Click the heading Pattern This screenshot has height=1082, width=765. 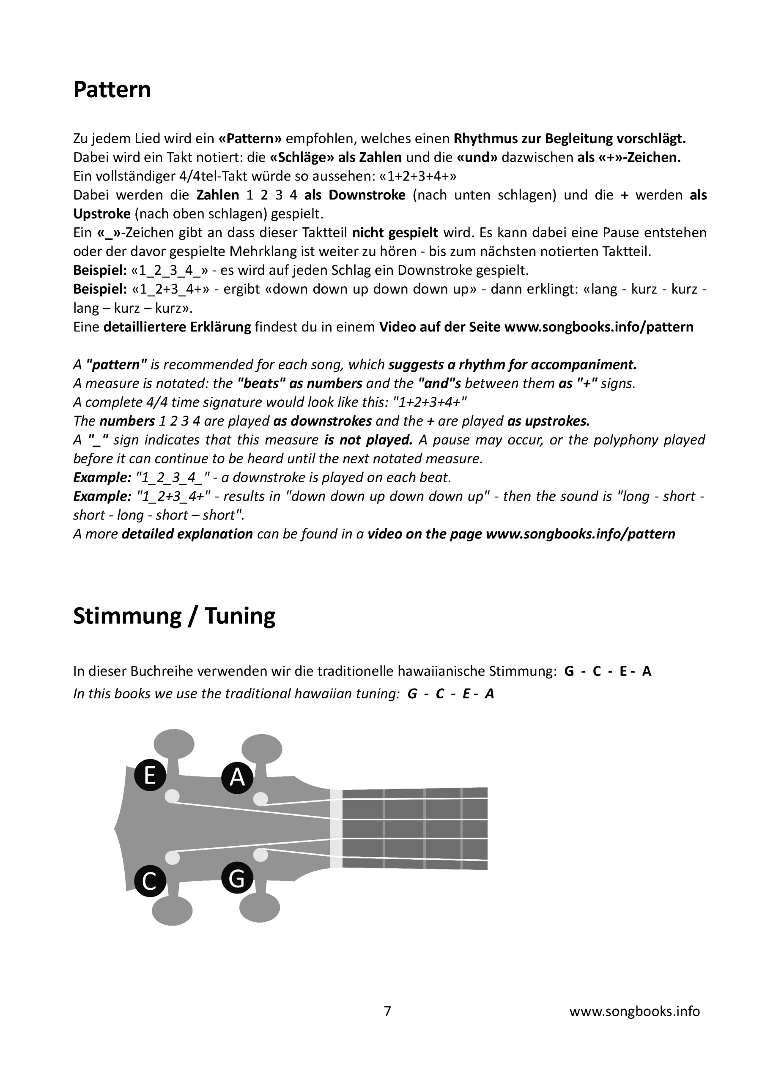pos(112,90)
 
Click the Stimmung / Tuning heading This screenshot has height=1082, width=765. pos(174,615)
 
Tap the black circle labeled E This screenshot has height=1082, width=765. pos(150,775)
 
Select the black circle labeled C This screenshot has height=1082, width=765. pos(150,881)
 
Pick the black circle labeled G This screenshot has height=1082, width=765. pos(237,877)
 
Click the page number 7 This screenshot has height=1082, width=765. pos(387,1011)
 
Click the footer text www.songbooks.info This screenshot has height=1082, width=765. pos(634,1011)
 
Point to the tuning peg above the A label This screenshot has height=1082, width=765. pos(262,749)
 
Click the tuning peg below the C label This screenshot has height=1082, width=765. pos(173,910)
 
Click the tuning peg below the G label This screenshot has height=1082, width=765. pos(260,907)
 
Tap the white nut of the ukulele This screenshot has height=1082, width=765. pos(336,828)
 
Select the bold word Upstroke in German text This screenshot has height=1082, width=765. pos(101,214)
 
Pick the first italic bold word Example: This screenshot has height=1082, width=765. pos(102,477)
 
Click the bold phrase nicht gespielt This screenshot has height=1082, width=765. pos(395,233)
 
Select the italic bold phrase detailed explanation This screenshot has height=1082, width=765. pos(187,534)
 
